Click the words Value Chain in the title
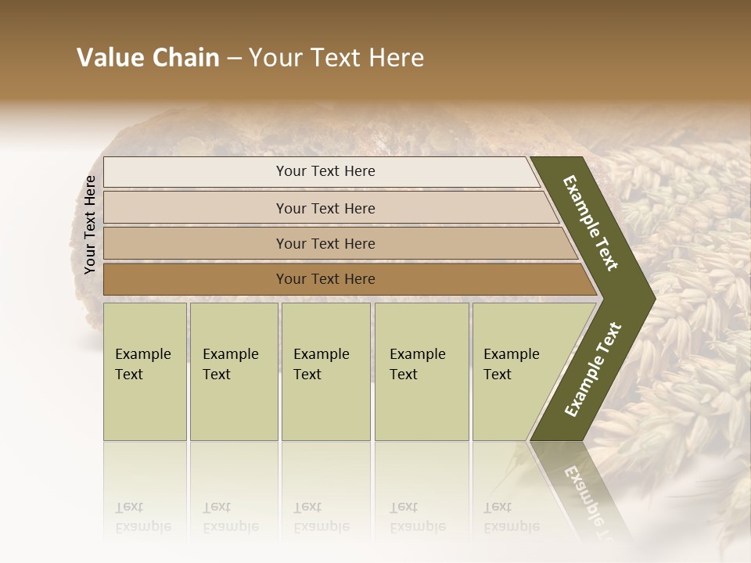click(x=148, y=58)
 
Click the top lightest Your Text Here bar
click(x=325, y=171)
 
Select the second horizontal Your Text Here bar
click(x=325, y=208)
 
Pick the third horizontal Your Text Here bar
click(x=325, y=243)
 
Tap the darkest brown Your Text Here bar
click(x=325, y=279)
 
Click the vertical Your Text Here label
click(x=90, y=225)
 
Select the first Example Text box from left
click(x=145, y=371)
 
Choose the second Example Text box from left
click(x=233, y=371)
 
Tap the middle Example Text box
click(x=325, y=371)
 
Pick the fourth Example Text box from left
click(x=422, y=371)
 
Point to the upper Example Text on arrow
click(x=591, y=224)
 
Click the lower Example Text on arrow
click(x=592, y=369)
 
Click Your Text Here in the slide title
click(x=336, y=58)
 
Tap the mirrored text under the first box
click(x=143, y=517)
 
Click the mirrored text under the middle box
click(x=322, y=517)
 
